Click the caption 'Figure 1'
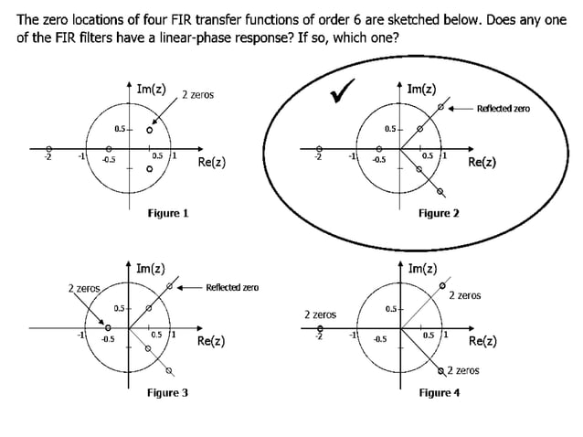(x=168, y=213)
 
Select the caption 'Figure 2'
(x=439, y=213)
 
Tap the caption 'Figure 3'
(x=168, y=392)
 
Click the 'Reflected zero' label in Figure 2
(x=503, y=109)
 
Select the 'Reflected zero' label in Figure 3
(x=232, y=287)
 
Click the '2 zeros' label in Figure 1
(x=198, y=95)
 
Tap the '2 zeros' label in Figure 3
(x=83, y=289)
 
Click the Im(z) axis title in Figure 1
(x=151, y=89)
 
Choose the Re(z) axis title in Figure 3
(x=212, y=342)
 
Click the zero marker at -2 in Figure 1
(x=49, y=149)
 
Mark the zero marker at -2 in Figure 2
(x=319, y=149)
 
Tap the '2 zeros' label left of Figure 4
(x=320, y=314)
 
